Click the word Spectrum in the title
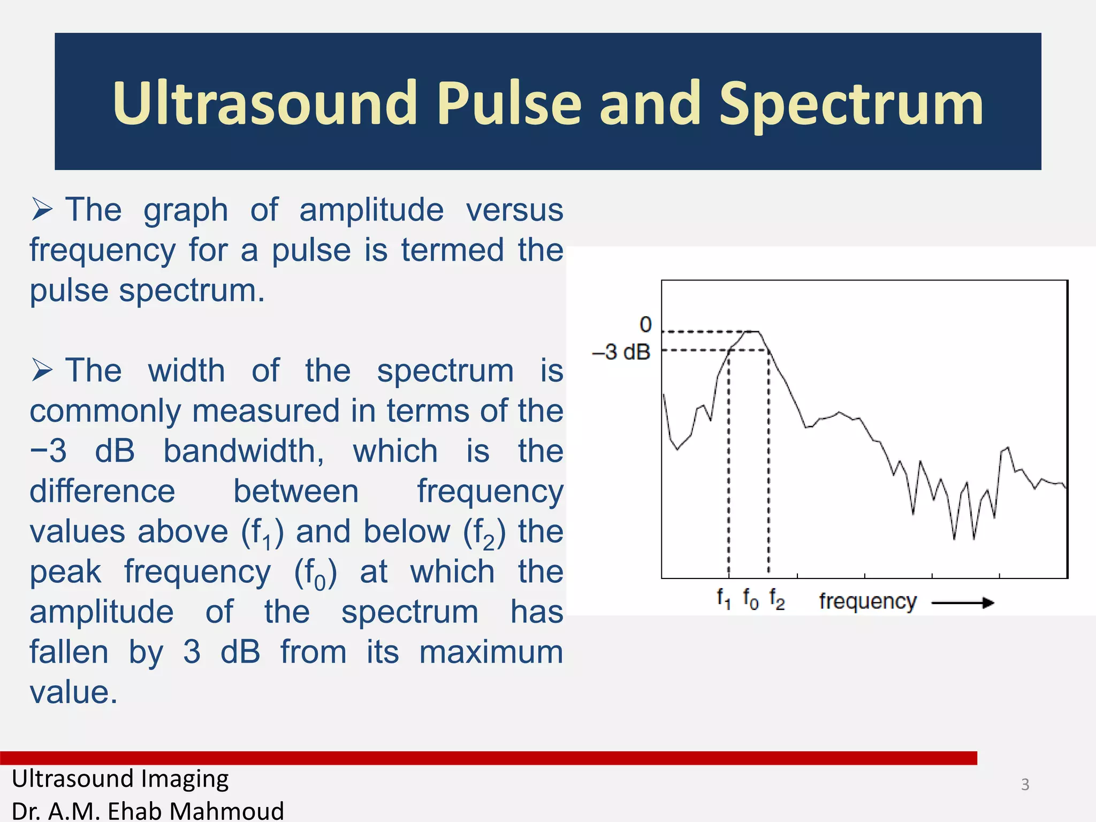pyautogui.click(x=851, y=104)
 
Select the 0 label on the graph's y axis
pyautogui.click(x=646, y=324)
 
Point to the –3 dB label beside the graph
pyautogui.click(x=621, y=352)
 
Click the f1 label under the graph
pyautogui.click(x=724, y=598)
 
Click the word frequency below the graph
pyautogui.click(x=867, y=602)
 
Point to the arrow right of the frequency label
pyautogui.click(x=963, y=603)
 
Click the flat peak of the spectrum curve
pyautogui.click(x=753, y=332)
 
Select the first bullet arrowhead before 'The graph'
pyautogui.click(x=42, y=209)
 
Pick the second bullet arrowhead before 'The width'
pyautogui.click(x=42, y=370)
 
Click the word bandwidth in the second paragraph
pyautogui.click(x=243, y=451)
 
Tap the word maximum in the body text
pyautogui.click(x=491, y=652)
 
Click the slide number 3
pyautogui.click(x=1025, y=785)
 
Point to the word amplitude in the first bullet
pyautogui.click(x=371, y=209)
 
